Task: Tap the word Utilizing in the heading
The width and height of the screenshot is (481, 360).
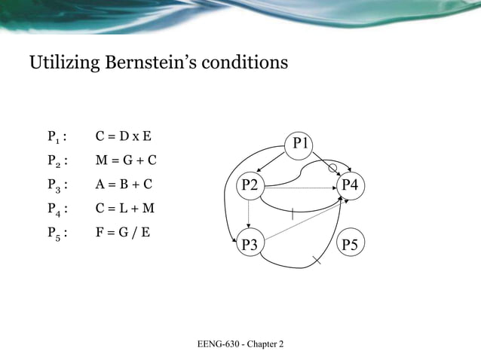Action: coord(62,63)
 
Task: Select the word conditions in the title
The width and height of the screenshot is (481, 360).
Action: coord(246,63)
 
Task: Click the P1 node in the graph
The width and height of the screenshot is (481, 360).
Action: coord(302,142)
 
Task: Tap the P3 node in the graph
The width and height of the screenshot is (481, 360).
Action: coord(249,244)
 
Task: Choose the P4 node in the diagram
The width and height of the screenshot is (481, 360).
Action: coord(350,185)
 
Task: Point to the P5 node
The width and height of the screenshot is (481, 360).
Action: coord(350,244)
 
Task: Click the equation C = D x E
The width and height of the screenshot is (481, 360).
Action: coord(124,137)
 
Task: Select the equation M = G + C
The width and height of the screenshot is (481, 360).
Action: coord(126,160)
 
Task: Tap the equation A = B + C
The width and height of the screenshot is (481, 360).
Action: coord(124,184)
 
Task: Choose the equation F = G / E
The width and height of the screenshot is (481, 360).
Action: coord(123,230)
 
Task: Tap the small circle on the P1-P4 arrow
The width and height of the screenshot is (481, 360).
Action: coord(332,168)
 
